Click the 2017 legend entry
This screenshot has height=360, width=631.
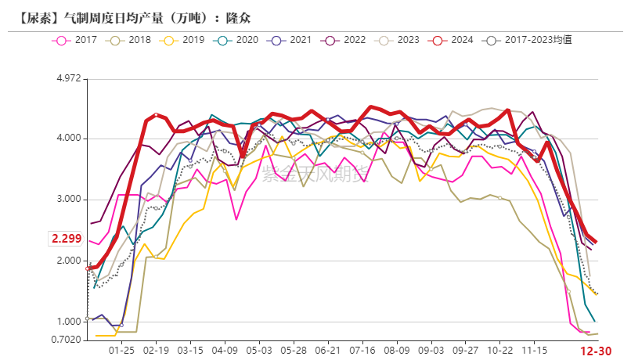point(74,39)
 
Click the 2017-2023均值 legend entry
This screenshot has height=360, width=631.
point(528,39)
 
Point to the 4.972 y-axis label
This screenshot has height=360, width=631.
point(69,78)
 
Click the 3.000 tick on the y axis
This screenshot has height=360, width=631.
point(69,200)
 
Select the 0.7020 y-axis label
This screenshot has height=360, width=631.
point(67,340)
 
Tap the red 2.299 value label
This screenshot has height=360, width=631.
point(67,238)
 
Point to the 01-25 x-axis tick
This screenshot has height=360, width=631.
point(121,351)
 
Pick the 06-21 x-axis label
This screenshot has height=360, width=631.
point(327,351)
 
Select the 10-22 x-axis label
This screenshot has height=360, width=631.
point(499,351)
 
